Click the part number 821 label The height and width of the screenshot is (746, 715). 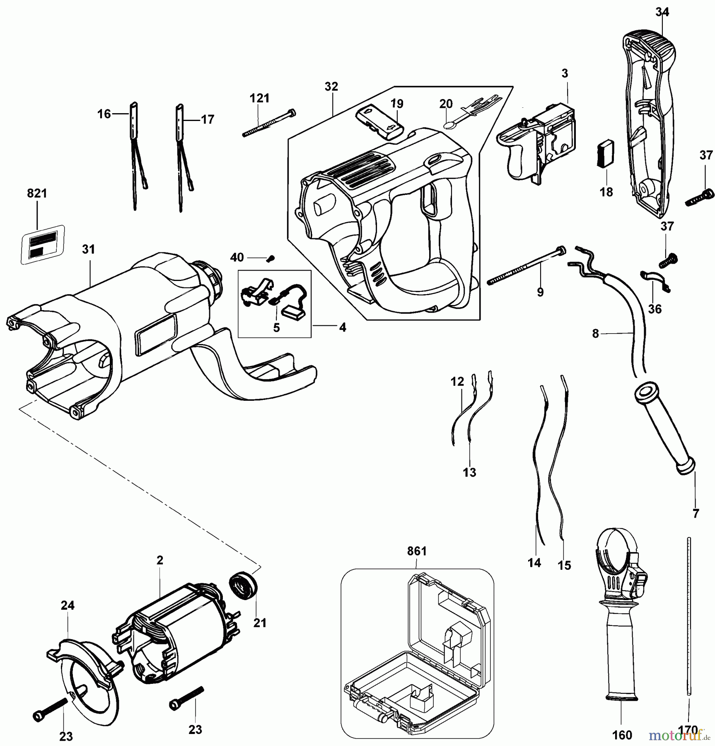pos(37,194)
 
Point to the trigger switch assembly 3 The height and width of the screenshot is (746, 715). pos(539,143)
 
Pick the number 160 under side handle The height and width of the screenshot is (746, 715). pos(622,735)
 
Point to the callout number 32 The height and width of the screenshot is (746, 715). pos(331,87)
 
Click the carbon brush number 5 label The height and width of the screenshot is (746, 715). pos(276,327)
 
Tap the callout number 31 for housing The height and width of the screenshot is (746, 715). pos(89,249)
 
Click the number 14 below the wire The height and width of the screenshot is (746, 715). pos(534,562)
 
